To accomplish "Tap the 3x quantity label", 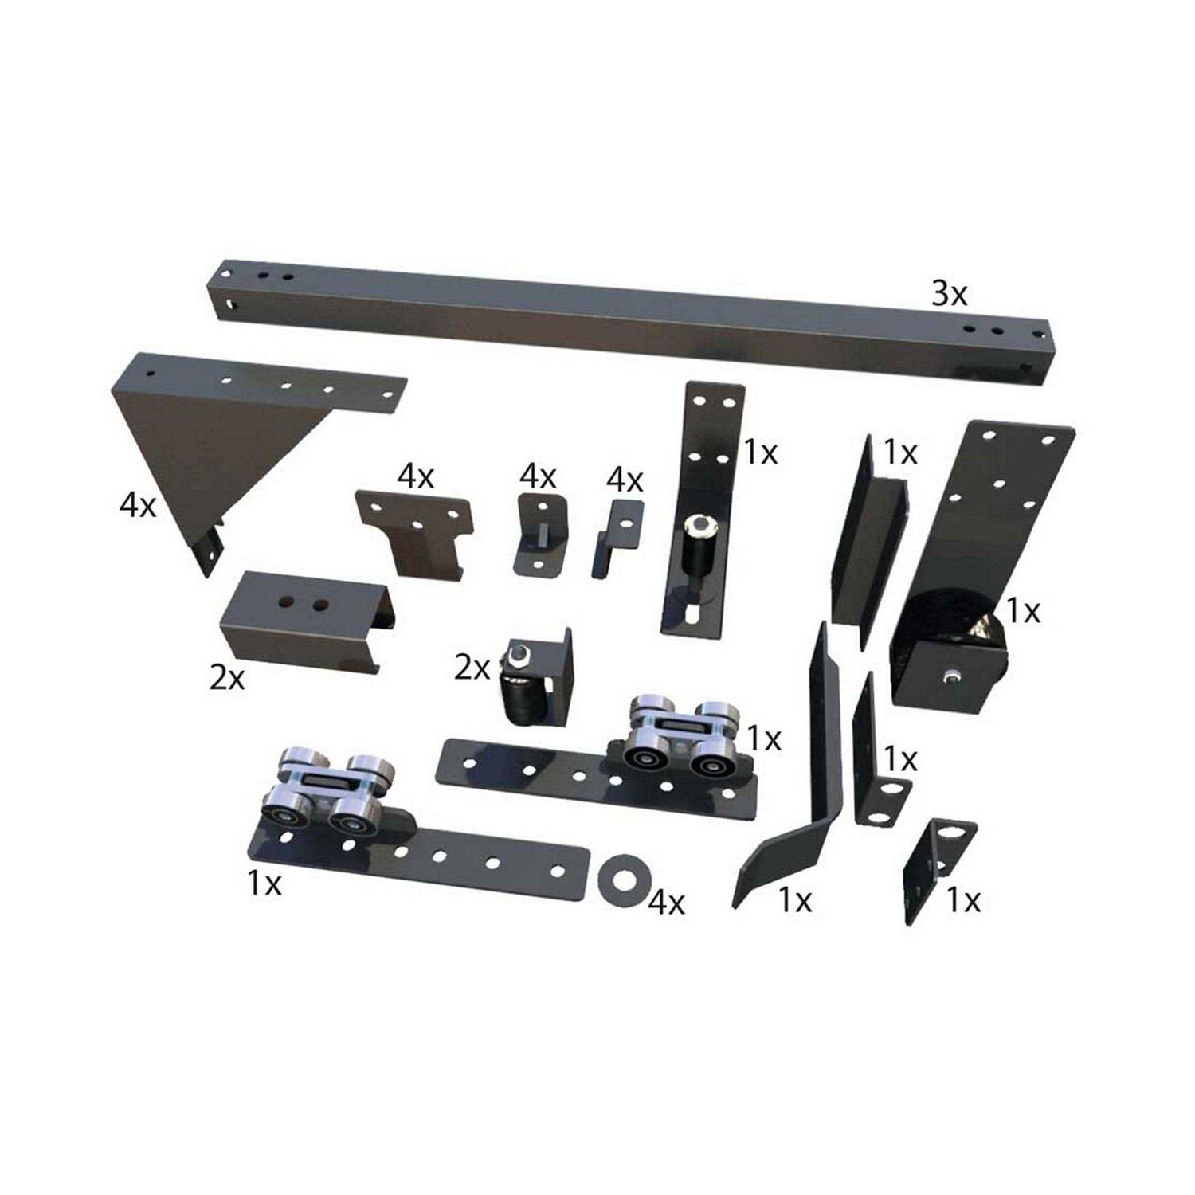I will coord(950,294).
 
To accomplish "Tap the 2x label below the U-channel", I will coord(228,680).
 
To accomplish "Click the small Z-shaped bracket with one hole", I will coord(617,534).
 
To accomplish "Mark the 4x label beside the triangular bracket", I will coord(138,505).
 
